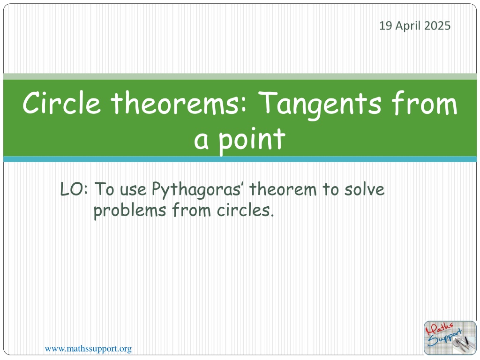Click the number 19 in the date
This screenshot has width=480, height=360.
(386, 26)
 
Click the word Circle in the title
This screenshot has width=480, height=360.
(61, 103)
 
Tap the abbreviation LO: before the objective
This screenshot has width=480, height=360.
(74, 189)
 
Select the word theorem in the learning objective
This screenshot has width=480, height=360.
(283, 189)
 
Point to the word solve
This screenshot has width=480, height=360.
(364, 189)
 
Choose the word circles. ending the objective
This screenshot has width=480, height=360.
(245, 210)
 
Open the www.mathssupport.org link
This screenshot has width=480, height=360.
(88, 349)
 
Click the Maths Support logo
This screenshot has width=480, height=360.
(450, 338)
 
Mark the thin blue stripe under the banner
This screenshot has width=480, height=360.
(240, 159)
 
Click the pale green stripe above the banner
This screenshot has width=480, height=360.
(240, 76)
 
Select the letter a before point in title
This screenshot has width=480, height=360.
(202, 142)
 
